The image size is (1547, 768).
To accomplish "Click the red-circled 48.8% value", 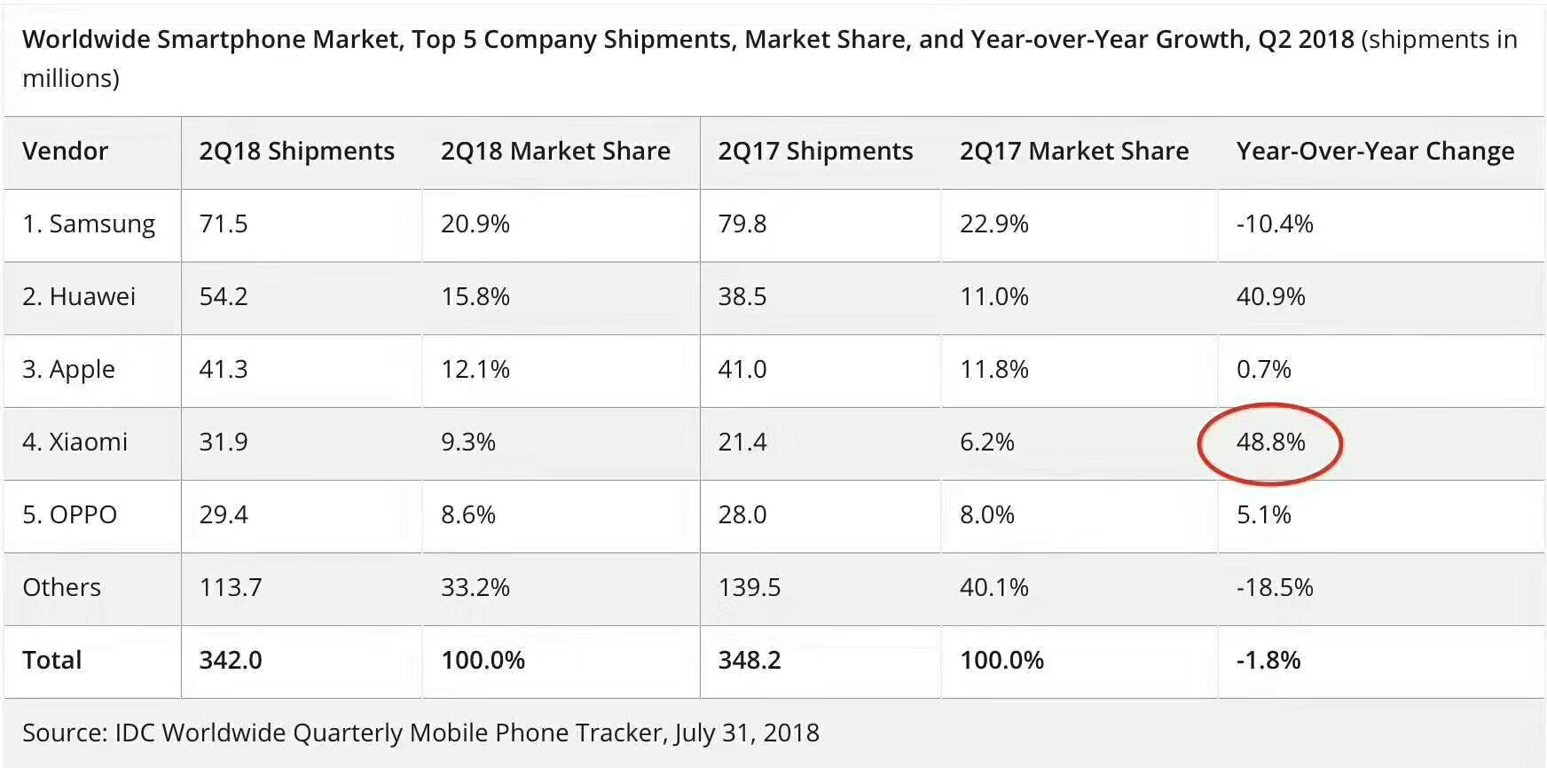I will tap(1270, 443).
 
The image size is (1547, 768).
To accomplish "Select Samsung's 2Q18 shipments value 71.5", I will tap(224, 224).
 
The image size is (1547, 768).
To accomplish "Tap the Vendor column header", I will tap(65, 152).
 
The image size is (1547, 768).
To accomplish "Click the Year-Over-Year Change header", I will tap(1375, 152).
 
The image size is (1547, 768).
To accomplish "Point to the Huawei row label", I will tap(79, 297).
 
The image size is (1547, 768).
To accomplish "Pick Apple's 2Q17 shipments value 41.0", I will tap(742, 370).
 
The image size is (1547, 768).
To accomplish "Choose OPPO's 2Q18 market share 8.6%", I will tap(467, 515).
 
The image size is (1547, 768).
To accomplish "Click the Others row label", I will tap(61, 588).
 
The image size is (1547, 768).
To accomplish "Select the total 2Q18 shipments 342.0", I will tap(231, 661).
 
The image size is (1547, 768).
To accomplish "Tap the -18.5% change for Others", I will tap(1274, 588).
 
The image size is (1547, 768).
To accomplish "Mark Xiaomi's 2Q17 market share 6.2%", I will tap(986, 443).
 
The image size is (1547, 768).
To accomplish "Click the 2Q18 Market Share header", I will tap(555, 152).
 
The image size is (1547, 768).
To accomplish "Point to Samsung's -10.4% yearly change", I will tap(1274, 224).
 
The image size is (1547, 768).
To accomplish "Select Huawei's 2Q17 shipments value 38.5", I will tap(742, 297).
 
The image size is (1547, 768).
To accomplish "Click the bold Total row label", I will tap(51, 661).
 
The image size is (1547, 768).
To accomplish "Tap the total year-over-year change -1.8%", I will tap(1268, 661).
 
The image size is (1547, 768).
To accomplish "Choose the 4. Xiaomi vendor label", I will tap(75, 443).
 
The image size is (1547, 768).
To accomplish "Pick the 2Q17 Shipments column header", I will tap(815, 152).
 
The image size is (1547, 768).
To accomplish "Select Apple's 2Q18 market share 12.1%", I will tap(475, 370).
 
